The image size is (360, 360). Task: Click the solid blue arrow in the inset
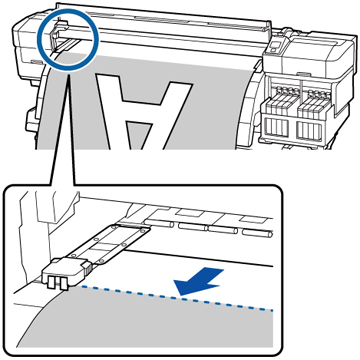tap(200, 281)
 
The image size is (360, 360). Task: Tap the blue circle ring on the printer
tap(68, 40)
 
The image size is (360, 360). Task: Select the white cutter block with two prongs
tap(66, 272)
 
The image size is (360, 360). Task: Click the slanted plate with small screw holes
tap(110, 243)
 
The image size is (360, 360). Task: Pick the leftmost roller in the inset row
tap(159, 223)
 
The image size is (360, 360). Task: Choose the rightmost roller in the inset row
tap(257, 233)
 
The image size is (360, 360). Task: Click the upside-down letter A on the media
tap(144, 112)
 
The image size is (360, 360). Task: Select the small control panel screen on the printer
tap(274, 46)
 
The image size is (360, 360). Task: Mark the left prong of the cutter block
tap(52, 283)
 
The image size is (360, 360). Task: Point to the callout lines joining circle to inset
tap(63, 128)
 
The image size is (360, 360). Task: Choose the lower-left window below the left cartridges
tap(278, 129)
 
